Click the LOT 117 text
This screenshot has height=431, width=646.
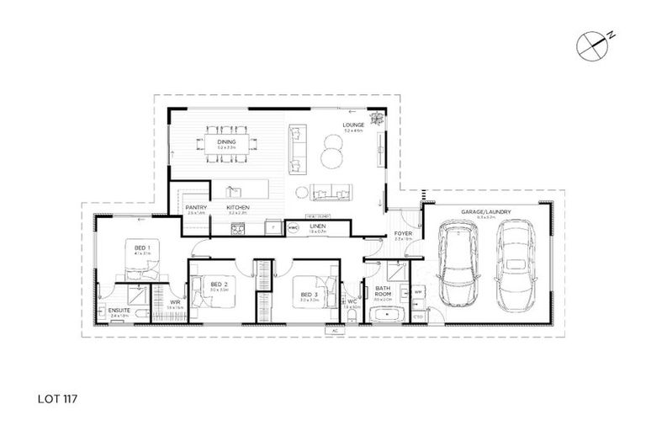pos(58,392)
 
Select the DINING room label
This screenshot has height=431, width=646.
pos(226,142)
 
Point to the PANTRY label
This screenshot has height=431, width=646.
pos(196,207)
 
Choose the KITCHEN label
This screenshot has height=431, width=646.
pos(237,207)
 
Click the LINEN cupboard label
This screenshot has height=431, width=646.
pos(317,226)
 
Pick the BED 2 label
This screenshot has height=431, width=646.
pos(219,285)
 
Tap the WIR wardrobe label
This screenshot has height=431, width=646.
pos(176,301)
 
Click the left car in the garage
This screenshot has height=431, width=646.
pos(458,265)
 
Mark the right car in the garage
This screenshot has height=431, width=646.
pos(514,265)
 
